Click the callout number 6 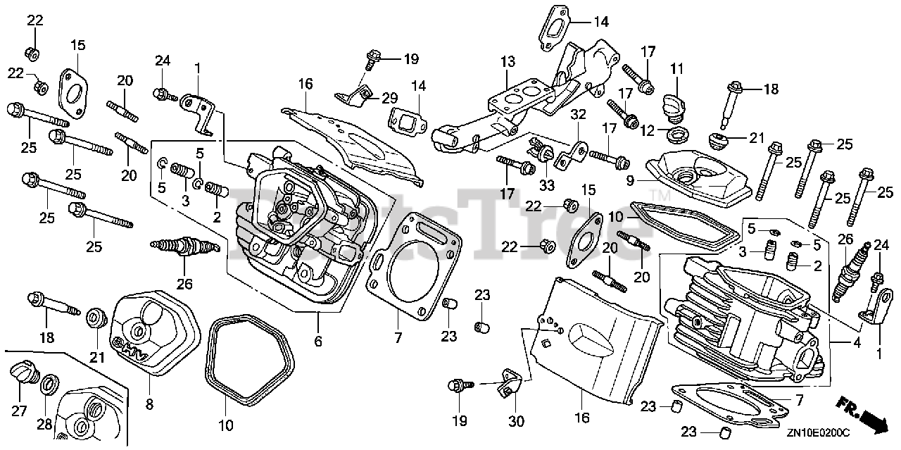click(317, 342)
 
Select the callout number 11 click(676, 69)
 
